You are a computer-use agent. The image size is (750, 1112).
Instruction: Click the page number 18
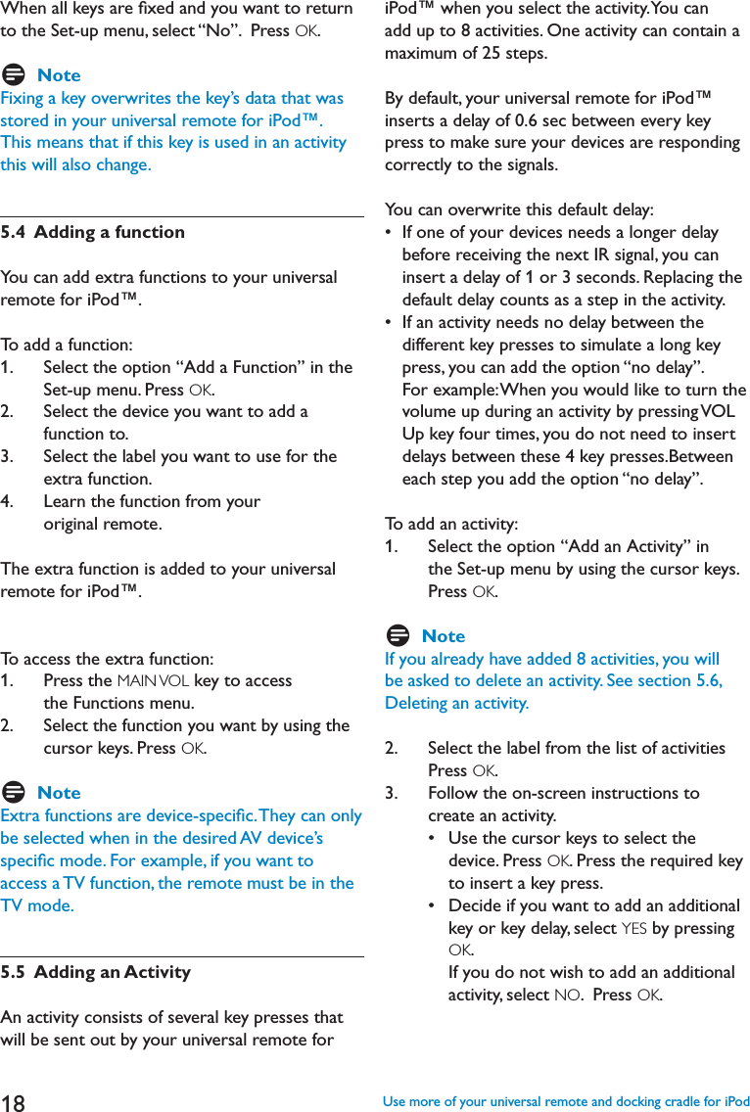[14, 1102]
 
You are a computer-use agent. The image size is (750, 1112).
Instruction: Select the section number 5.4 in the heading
[14, 232]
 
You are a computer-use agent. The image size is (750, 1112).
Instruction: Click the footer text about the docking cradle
[566, 1102]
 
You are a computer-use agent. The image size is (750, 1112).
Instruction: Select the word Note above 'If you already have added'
[444, 636]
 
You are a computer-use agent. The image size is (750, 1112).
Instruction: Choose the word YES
[633, 928]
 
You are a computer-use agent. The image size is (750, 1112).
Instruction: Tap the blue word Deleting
[415, 704]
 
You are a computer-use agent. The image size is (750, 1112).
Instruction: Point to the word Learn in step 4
[64, 501]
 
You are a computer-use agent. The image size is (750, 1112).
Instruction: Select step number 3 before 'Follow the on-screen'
[390, 793]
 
